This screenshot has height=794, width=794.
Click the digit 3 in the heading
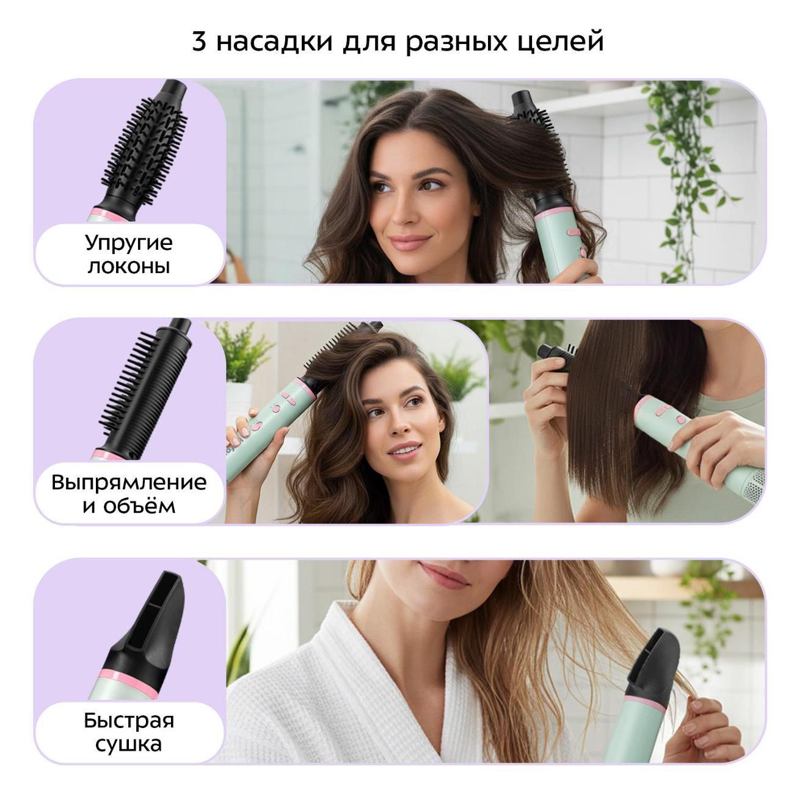(x=199, y=42)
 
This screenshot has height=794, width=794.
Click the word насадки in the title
(x=274, y=43)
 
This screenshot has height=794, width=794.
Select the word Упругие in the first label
(x=129, y=244)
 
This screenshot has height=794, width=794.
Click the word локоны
(x=129, y=266)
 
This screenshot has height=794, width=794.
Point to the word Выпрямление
(x=129, y=483)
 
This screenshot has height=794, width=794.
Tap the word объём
(x=140, y=505)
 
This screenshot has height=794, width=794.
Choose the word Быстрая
(x=129, y=721)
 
